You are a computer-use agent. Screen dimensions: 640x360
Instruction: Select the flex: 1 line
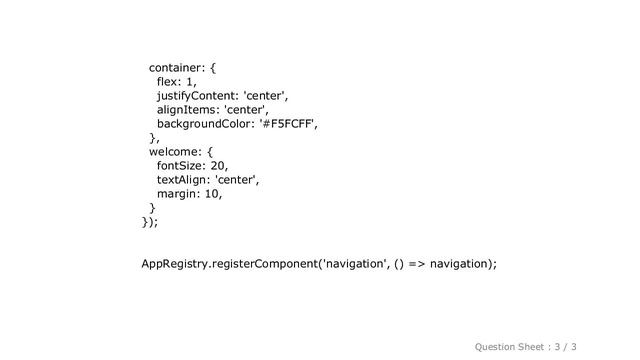(x=176, y=82)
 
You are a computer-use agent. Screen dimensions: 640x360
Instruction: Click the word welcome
(x=175, y=152)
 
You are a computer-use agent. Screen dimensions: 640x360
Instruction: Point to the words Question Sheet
(x=509, y=345)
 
